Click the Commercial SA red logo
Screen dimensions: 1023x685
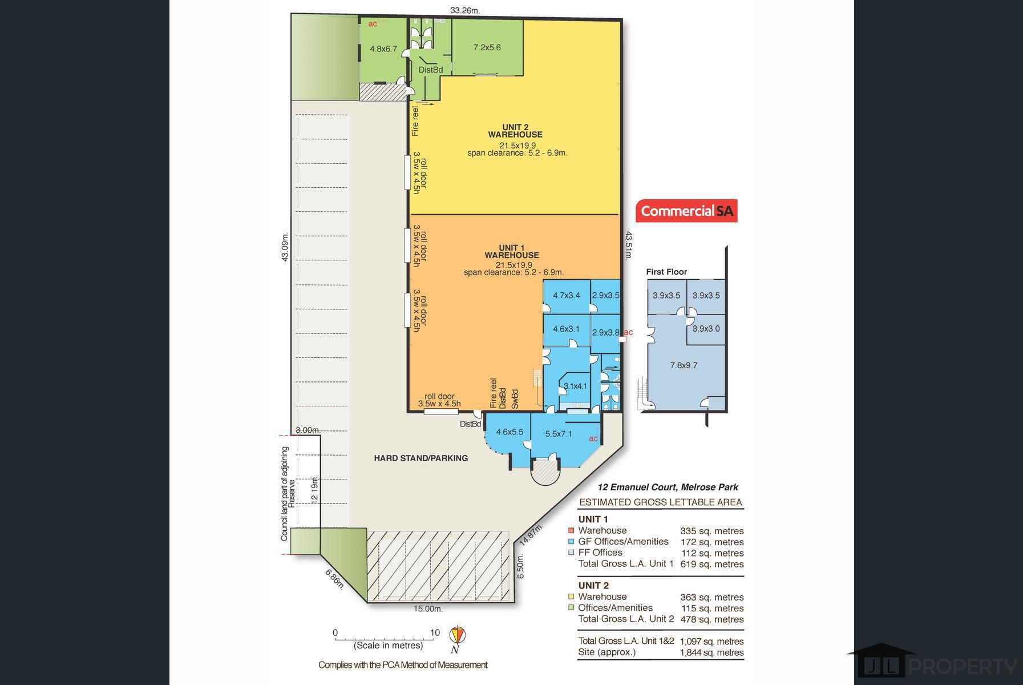pyautogui.click(x=686, y=211)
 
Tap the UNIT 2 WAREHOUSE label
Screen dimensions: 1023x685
pyautogui.click(x=515, y=131)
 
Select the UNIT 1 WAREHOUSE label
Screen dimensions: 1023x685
pyautogui.click(x=512, y=252)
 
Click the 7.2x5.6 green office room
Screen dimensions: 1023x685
pyautogui.click(x=487, y=47)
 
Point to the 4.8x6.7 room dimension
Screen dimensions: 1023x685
pyautogui.click(x=383, y=49)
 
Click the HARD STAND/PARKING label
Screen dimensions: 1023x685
pyautogui.click(x=421, y=458)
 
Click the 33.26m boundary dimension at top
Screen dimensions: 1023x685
pyautogui.click(x=465, y=10)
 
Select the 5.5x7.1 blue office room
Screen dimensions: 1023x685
pyautogui.click(x=565, y=436)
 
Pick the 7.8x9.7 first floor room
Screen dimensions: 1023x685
pyautogui.click(x=684, y=365)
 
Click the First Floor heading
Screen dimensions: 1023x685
pyautogui.click(x=666, y=272)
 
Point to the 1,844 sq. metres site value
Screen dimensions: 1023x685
pyautogui.click(x=712, y=652)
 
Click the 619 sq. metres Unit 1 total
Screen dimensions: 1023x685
pyautogui.click(x=713, y=564)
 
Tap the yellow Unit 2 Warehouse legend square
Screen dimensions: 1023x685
pyautogui.click(x=571, y=597)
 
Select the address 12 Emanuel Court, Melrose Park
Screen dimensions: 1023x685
pyautogui.click(x=668, y=487)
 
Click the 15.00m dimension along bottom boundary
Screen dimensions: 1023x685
pyautogui.click(x=428, y=609)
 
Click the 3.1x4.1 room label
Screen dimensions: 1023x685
pyautogui.click(x=575, y=386)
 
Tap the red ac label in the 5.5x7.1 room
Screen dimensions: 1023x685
pyautogui.click(x=593, y=438)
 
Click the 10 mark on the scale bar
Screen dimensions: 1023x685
pyautogui.click(x=435, y=632)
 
